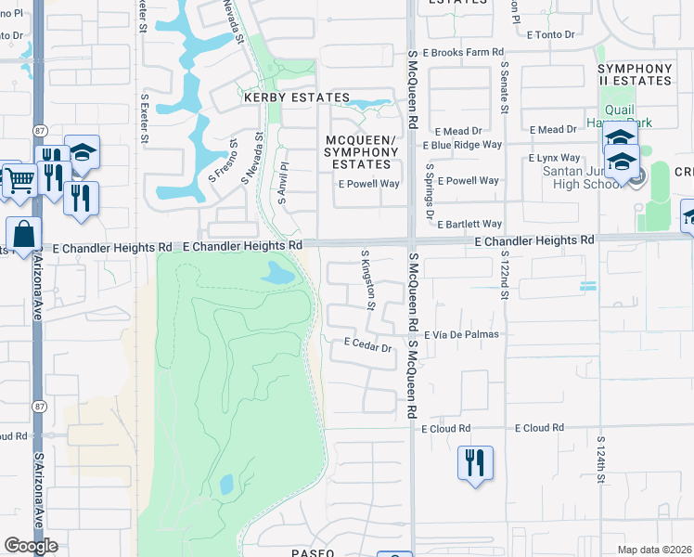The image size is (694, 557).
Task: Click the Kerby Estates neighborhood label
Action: (296, 97)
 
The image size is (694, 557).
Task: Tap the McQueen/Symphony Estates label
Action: (361, 152)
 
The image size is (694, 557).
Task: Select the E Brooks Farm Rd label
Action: (462, 54)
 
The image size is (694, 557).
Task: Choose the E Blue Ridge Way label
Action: (461, 146)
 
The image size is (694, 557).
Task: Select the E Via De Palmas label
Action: (461, 334)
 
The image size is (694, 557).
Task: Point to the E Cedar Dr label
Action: (368, 343)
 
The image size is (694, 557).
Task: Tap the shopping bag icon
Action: (23, 234)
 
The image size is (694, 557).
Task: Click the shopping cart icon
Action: (19, 182)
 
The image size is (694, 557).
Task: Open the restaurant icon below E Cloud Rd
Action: (475, 462)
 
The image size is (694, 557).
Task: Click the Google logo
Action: (31, 546)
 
